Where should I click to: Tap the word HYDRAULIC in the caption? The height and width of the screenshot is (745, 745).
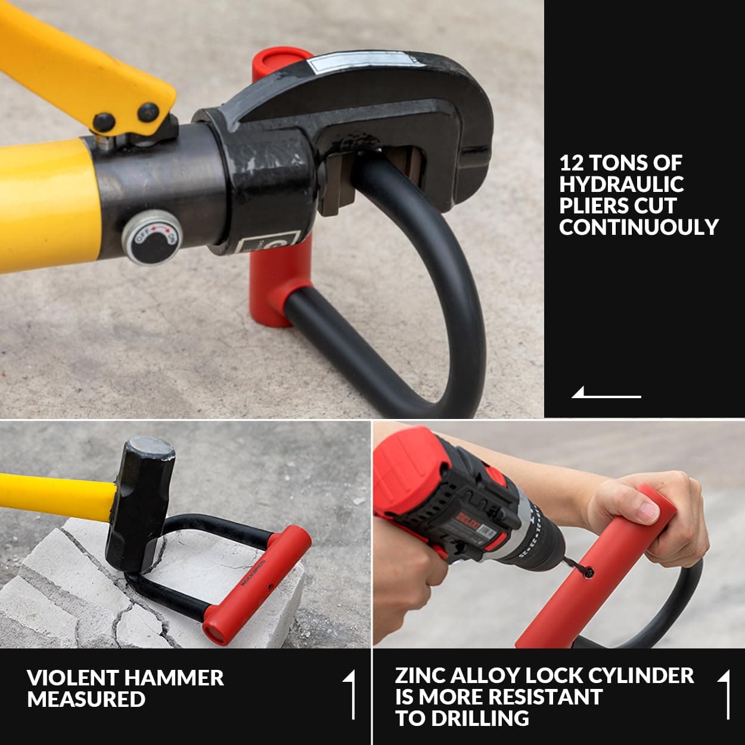tap(621, 184)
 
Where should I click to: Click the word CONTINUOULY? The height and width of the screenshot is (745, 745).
tap(638, 227)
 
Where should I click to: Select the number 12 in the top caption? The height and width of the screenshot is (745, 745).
tap(570, 163)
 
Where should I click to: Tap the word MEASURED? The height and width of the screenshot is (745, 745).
tap(86, 699)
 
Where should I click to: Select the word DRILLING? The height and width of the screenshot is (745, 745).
tap(480, 718)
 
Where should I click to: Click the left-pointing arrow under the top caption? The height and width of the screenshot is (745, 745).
tap(606, 393)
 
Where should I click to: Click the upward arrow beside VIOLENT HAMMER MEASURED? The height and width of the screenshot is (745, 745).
tap(350, 694)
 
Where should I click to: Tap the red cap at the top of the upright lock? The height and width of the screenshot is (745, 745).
tap(276, 60)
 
